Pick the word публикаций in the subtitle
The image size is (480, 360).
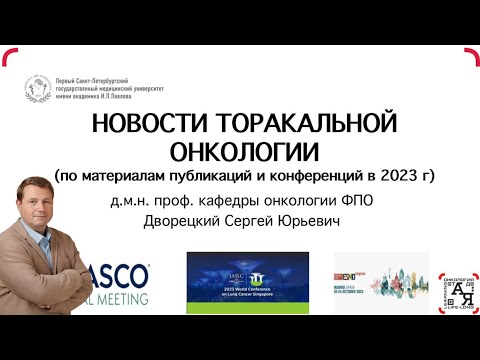222,178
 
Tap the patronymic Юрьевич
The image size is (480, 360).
324,221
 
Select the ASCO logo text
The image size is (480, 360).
126,273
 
